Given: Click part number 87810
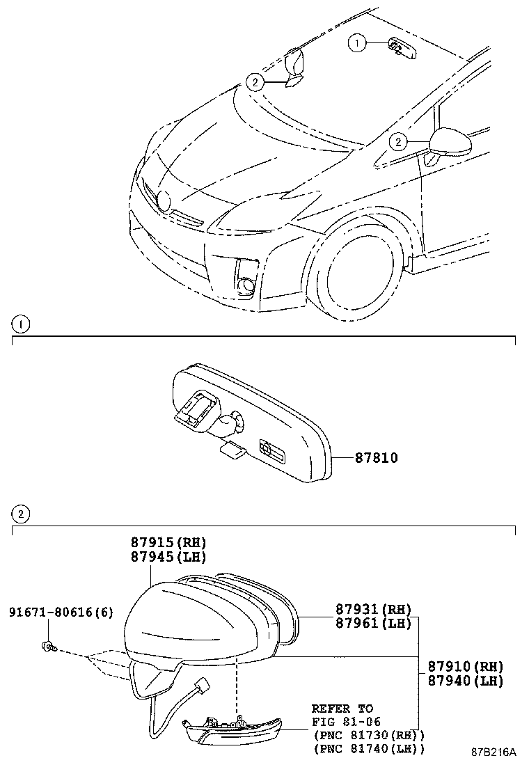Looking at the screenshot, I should pos(377,458).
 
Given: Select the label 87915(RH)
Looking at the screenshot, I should pos(168,543).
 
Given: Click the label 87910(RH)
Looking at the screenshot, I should pos(465,667).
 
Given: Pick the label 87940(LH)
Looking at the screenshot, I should pos(465,681).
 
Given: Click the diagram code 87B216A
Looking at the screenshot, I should pos(494,752).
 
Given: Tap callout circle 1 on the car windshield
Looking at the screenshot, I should pos(358,44).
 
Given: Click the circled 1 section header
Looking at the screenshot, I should pos(21,324).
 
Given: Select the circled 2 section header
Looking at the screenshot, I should pos(21,514).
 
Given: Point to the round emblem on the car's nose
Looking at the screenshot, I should pos(164,200).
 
